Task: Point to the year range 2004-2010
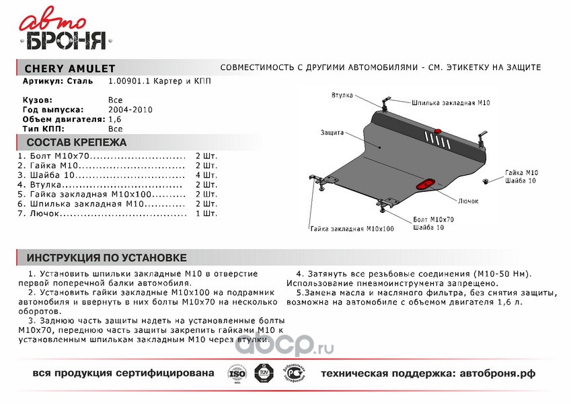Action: (130, 109)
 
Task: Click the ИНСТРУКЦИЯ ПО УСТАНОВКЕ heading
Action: (106, 258)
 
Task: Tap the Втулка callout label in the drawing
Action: (342, 95)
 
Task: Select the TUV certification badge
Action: (261, 373)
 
